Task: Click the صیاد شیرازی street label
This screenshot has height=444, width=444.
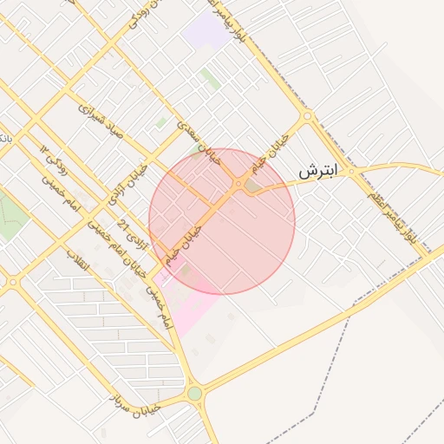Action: point(101,120)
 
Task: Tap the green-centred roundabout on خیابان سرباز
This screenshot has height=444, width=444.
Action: point(194,394)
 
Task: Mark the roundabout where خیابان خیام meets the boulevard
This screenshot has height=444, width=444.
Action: point(307,115)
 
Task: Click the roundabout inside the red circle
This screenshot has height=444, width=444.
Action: point(238,183)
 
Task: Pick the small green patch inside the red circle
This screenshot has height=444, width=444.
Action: point(252,185)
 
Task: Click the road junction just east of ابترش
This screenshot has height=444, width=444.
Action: point(350,172)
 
